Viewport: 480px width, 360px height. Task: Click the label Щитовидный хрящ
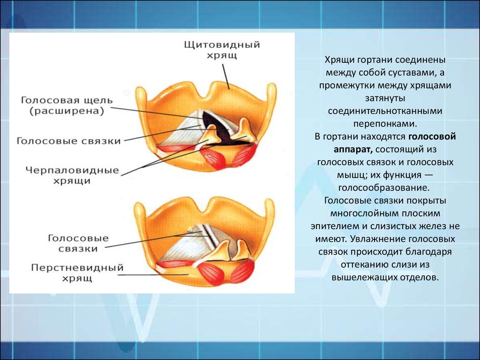[222, 50]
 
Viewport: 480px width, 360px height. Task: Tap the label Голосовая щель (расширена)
[67, 105]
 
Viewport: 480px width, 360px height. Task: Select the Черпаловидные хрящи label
[72, 175]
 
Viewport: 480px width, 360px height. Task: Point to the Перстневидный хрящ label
[77, 273]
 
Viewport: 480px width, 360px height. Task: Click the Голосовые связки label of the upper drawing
[68, 141]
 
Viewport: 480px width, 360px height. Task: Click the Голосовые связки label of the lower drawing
[78, 243]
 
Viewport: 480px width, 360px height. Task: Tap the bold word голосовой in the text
[432, 136]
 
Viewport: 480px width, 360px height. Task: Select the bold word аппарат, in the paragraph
[353, 150]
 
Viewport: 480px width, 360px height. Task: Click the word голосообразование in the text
[384, 187]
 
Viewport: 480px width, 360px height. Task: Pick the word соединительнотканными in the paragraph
[385, 111]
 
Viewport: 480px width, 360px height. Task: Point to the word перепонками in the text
[385, 124]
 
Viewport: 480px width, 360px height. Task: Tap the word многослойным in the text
[363, 213]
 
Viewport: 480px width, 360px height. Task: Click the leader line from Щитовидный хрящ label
[225, 76]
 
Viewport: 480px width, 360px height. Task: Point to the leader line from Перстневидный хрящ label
[153, 275]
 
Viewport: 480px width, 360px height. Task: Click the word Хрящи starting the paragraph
[338, 60]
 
